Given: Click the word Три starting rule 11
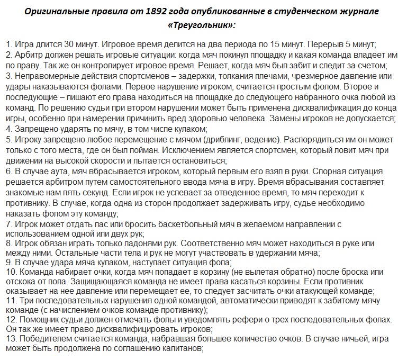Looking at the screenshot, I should pyautogui.click(x=21, y=300).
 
